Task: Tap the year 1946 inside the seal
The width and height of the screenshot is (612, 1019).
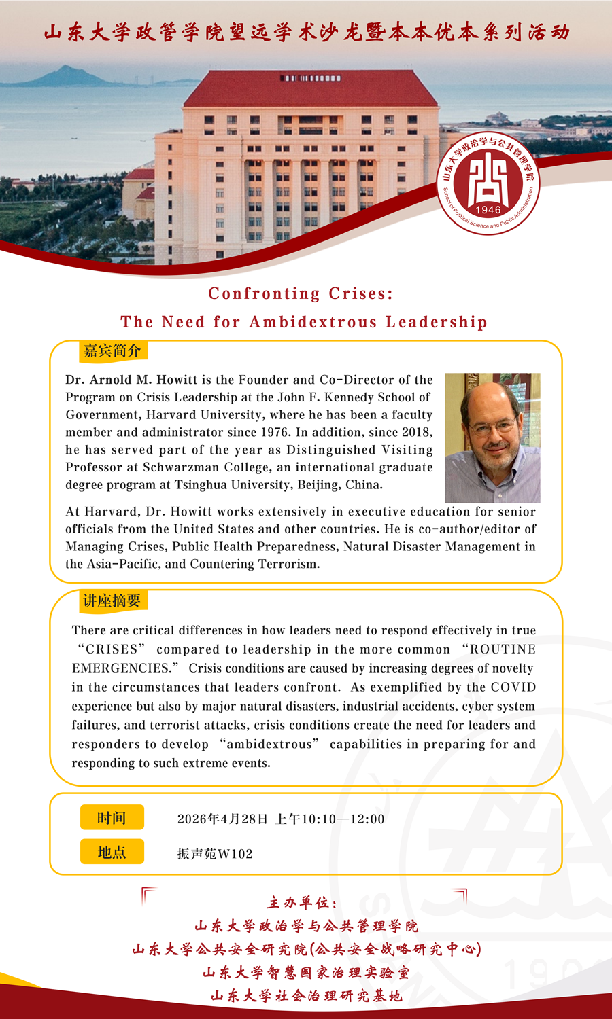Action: point(488,210)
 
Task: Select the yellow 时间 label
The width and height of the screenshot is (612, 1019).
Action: point(112,818)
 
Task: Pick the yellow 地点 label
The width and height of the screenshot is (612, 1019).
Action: point(112,852)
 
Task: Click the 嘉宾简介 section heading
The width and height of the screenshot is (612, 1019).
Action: point(112,351)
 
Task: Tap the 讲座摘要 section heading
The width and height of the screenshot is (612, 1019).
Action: point(112,601)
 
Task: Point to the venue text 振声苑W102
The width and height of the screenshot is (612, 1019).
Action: point(215,854)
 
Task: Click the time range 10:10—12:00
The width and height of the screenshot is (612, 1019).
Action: point(343,819)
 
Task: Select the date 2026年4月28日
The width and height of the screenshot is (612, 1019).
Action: point(222,819)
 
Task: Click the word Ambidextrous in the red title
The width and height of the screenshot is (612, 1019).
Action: point(313,322)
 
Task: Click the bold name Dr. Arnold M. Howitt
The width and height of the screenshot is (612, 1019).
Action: point(131,380)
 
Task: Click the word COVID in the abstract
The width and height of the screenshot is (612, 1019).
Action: point(513,687)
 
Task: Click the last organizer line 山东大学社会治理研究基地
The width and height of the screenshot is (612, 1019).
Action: point(306,996)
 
